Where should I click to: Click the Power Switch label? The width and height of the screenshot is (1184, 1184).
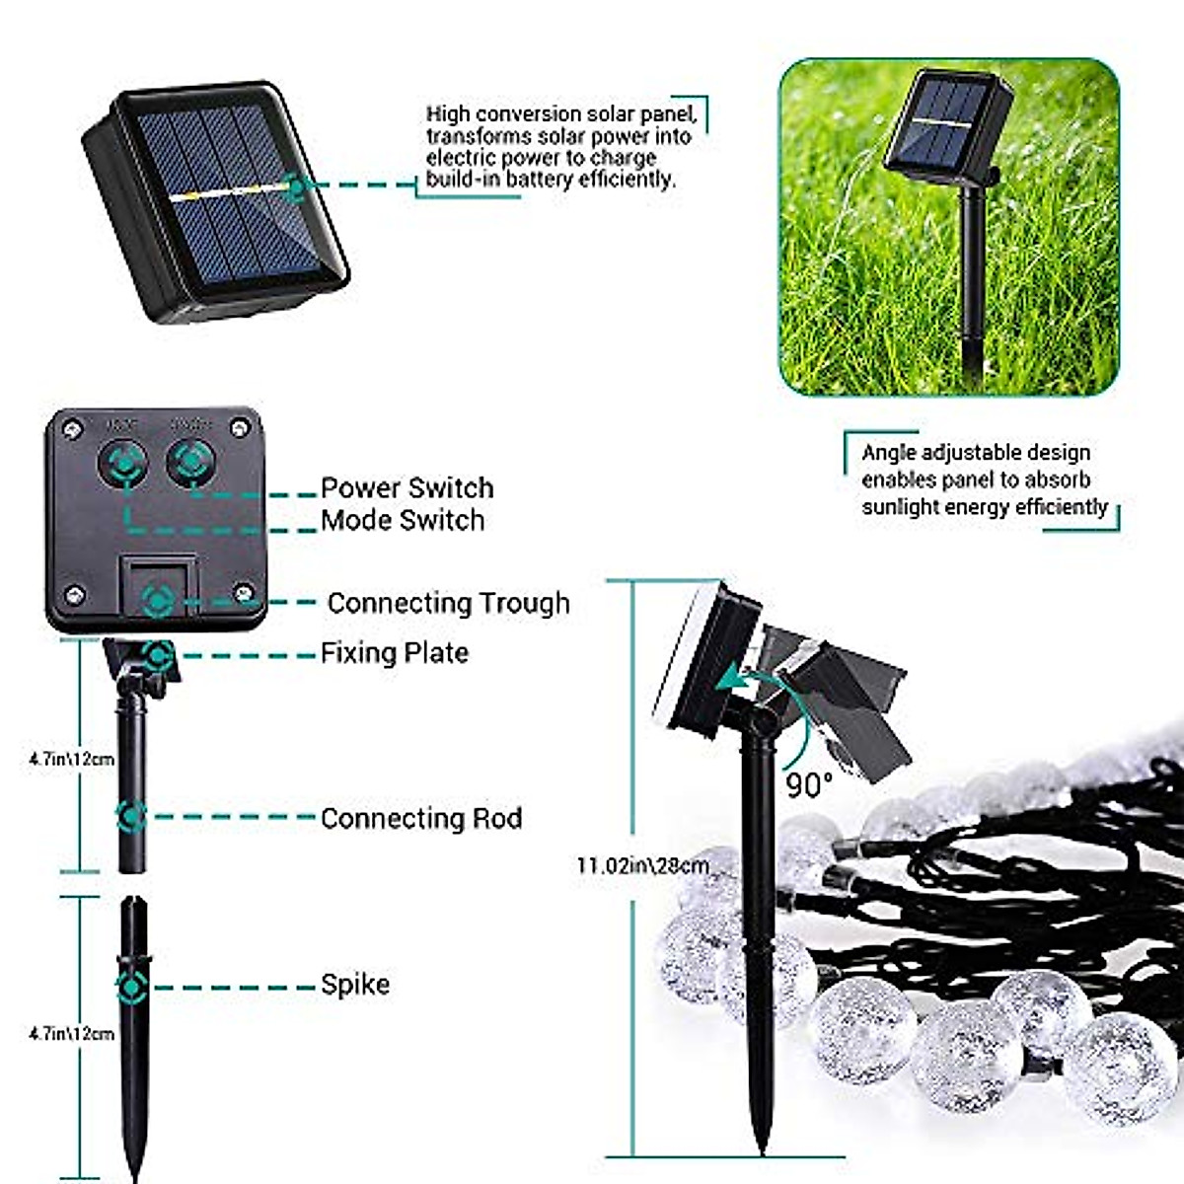point(407,487)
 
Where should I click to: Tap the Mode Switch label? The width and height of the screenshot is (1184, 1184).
point(403,520)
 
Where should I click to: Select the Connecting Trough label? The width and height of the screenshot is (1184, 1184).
point(448,603)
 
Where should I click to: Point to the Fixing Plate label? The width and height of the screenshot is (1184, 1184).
point(394,652)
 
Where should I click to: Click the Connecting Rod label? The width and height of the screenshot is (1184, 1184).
point(421,818)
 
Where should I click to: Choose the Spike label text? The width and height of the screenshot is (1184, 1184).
point(355,984)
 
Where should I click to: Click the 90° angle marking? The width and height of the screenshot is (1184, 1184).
point(809,785)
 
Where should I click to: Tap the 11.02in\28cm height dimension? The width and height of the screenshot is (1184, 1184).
point(642,866)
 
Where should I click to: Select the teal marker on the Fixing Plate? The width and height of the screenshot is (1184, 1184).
point(157,653)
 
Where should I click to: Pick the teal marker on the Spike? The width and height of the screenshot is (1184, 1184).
point(131,986)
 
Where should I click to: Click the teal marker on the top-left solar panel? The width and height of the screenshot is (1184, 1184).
point(293,185)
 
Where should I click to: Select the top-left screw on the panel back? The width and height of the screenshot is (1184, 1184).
point(71,428)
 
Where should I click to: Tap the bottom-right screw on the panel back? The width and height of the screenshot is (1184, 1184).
point(243,593)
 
